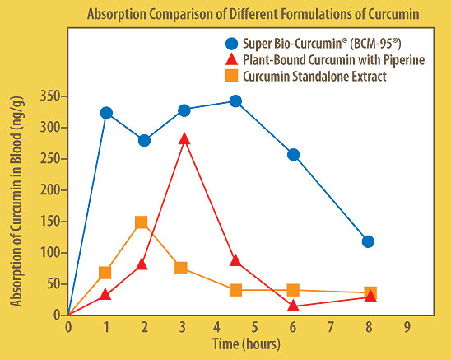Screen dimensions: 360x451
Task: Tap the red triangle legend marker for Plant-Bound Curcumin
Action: pos(231,59)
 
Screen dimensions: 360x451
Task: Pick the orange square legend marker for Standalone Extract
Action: pos(231,77)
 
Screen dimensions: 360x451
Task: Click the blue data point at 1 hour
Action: pos(106,112)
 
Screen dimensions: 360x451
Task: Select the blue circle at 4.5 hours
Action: pos(235,101)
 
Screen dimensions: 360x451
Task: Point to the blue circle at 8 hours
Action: pos(368,241)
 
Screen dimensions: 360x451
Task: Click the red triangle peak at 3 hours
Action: pos(184,139)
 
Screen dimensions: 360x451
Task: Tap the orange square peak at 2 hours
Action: pos(142,222)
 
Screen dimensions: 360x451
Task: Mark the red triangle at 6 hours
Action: pos(294,306)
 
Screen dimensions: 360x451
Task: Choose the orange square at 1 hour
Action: pos(105,273)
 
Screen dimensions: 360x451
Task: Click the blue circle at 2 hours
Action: pos(144,140)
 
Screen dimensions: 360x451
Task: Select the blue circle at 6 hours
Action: pos(293,154)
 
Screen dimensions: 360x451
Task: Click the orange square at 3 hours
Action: pos(181,268)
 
